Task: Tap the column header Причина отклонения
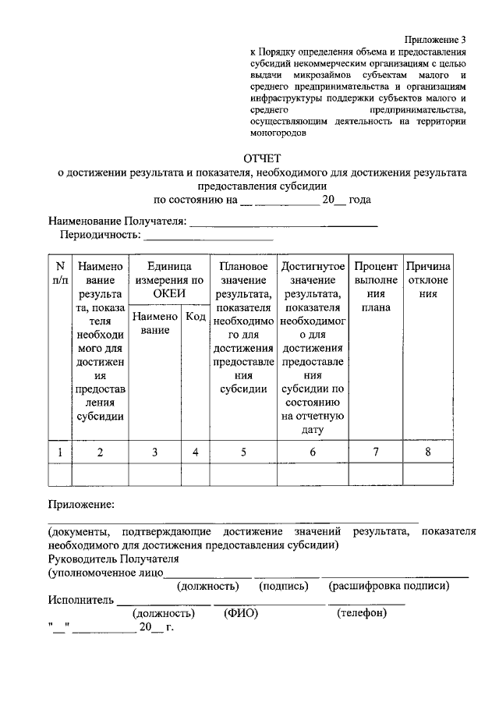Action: point(428,280)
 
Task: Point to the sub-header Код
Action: point(196,317)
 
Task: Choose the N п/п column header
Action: point(60,273)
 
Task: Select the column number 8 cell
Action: point(428,452)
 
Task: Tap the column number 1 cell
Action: point(60,452)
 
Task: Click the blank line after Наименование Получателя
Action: point(284,223)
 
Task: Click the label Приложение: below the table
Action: point(82,506)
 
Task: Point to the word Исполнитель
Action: point(81,600)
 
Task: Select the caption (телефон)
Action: point(362,613)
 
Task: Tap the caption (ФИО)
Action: point(241,613)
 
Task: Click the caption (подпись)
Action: point(284,586)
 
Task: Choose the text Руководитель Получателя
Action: point(113,559)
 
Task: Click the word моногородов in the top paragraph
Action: point(278,132)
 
